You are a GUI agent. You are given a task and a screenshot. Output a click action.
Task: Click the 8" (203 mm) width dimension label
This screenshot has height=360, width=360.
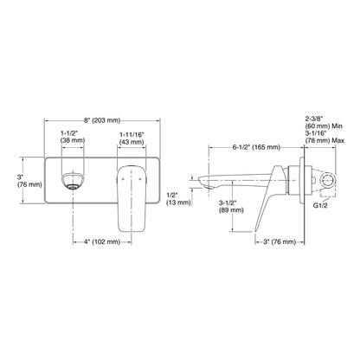102,120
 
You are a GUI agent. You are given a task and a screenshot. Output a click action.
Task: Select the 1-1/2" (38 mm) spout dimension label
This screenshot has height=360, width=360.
73,137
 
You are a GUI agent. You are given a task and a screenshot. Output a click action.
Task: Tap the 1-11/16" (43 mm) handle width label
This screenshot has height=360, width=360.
132,138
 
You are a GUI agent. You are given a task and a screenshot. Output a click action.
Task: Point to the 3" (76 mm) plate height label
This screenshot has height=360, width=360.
29,181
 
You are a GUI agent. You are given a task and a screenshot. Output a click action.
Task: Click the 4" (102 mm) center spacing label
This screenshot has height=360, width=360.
102,241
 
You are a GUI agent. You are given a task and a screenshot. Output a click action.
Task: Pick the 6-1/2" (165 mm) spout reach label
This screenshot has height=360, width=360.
256,147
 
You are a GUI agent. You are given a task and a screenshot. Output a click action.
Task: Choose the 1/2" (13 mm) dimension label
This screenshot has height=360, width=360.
178,199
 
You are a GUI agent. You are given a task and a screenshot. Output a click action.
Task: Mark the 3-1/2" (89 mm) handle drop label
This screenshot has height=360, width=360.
231,207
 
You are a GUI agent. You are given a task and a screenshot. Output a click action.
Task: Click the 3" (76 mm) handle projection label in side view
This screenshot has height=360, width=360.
280,241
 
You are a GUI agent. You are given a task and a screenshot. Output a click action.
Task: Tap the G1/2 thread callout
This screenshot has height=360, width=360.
320,206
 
